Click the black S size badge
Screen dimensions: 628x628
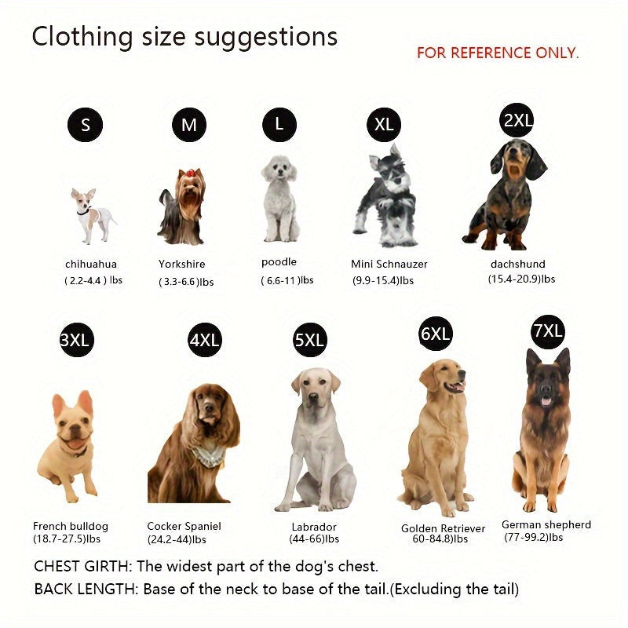click(x=85, y=125)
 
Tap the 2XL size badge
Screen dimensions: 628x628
click(x=517, y=120)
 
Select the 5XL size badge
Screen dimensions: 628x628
click(x=309, y=340)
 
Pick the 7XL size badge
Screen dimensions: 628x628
click(x=547, y=331)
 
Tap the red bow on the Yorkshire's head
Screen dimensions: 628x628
click(x=190, y=173)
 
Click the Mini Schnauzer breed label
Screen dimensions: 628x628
click(x=389, y=264)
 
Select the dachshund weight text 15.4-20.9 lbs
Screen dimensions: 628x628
click(x=521, y=279)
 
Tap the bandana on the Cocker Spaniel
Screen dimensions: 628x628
click(x=208, y=455)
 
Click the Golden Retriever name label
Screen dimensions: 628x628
click(x=443, y=528)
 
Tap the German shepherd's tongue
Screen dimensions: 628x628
click(x=546, y=401)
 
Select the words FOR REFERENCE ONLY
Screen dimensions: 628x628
click(x=498, y=53)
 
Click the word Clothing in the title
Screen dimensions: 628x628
click(x=82, y=37)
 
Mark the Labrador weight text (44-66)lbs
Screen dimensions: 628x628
click(x=314, y=539)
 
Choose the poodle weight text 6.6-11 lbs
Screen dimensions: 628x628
click(x=287, y=280)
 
